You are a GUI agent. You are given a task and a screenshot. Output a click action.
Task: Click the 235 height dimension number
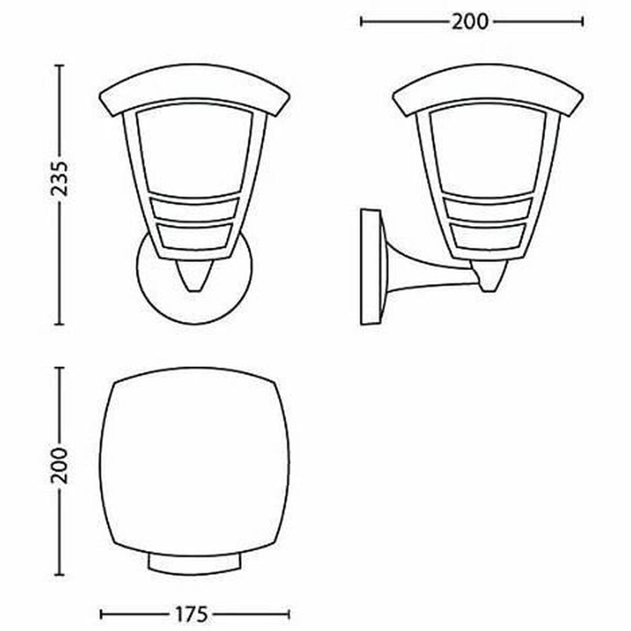pos(59,178)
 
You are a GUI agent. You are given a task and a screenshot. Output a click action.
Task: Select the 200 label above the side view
pos(470,22)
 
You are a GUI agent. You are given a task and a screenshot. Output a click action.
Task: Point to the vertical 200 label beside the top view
pos(59,466)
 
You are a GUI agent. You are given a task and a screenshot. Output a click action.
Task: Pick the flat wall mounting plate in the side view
pos(370,267)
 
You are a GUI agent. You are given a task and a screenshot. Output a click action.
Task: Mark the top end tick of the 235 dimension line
pos(59,66)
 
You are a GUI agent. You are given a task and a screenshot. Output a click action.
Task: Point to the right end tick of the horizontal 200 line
pos(583,22)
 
